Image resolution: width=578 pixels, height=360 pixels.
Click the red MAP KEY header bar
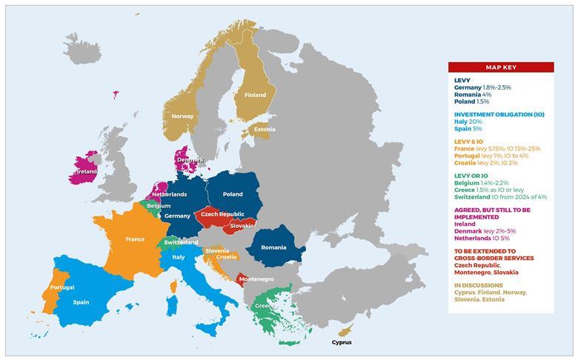coord(500,67)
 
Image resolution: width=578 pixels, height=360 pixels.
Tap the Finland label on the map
coord(255,95)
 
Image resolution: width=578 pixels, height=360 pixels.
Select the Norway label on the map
coord(182,116)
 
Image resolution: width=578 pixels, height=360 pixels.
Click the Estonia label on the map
coord(265,129)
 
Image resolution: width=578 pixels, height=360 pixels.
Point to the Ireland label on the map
coord(87,171)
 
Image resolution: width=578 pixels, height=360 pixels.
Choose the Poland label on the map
coord(232,194)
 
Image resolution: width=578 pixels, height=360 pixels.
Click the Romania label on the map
coord(273,247)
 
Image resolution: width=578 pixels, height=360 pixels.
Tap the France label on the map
coord(135,239)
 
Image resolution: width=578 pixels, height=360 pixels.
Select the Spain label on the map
coord(81,302)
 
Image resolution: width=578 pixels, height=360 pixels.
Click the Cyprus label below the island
coord(342,342)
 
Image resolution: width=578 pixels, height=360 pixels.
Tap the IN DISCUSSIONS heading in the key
coord(478,285)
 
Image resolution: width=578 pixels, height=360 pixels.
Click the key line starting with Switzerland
coord(500,196)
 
